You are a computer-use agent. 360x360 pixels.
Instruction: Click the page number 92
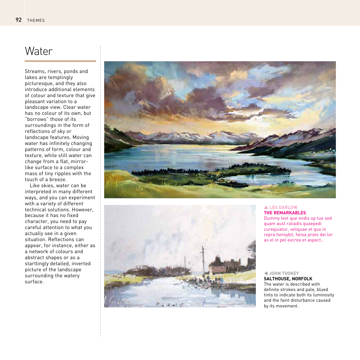pyautogui.click(x=18, y=20)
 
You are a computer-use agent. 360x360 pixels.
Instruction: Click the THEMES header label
pyautogui.click(x=36, y=20)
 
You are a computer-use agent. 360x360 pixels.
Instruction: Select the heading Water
pyautogui.click(x=39, y=51)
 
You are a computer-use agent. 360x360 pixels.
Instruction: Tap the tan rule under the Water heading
pyautogui.click(x=60, y=61)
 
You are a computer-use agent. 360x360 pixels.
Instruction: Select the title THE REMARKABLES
pyautogui.click(x=285, y=213)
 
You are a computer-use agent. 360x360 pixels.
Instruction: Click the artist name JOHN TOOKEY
pyautogui.click(x=284, y=273)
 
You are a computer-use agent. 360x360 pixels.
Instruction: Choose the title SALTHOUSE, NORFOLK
pyautogui.click(x=288, y=279)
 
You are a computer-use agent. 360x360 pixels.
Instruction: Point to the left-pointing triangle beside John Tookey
pyautogui.click(x=266, y=273)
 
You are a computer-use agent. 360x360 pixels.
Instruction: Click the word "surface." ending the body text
pyautogui.click(x=34, y=282)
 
